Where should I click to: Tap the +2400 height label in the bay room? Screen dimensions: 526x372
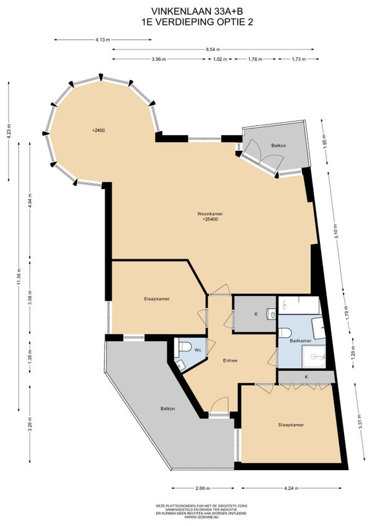pos(97,131)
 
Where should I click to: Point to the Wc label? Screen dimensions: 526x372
pos(198,350)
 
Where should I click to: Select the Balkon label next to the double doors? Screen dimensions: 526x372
pos(278,145)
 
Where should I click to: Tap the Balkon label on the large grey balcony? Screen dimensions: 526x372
pos(167,409)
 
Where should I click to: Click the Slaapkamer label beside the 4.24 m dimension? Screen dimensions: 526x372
pos(291,425)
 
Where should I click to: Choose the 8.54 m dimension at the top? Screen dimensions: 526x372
pos(215,48)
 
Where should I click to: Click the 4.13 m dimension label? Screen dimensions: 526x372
pos(103,39)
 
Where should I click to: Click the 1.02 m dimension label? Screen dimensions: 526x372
pos(219,60)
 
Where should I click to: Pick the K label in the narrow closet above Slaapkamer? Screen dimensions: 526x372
pos(305,377)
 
